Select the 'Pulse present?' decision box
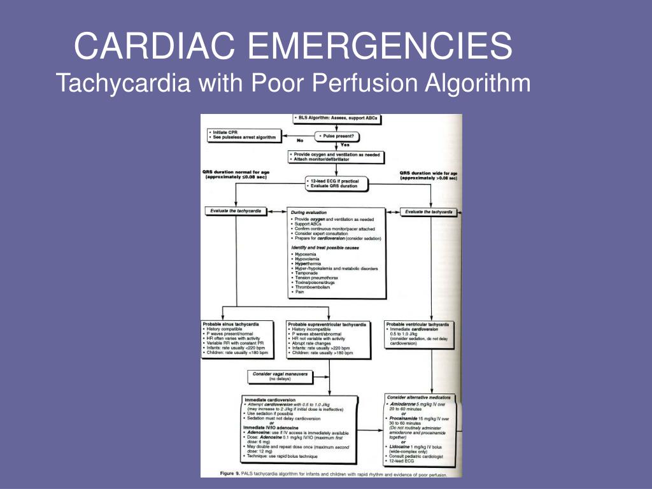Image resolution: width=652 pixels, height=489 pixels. click(337, 136)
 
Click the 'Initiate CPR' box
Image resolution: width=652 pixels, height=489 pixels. click(245, 134)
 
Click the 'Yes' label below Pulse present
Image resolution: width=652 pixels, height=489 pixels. click(344, 145)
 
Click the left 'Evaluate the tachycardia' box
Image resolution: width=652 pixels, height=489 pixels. click(235, 211)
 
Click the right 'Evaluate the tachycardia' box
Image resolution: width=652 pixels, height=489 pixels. click(429, 211)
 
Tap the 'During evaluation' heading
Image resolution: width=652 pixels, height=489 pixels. click(309, 212)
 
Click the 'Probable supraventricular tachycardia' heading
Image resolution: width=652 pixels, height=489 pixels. click(327, 324)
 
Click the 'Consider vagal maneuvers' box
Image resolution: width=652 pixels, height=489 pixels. click(280, 374)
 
